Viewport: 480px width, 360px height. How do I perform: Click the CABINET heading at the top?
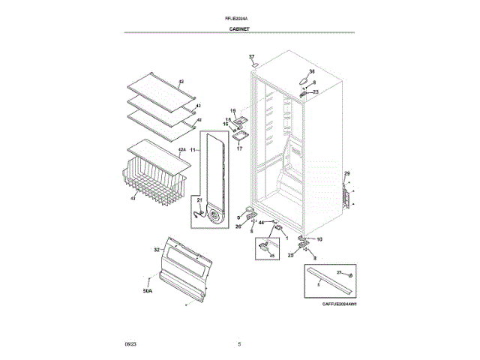point(239,28)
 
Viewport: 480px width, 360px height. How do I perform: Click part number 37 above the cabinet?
point(252,57)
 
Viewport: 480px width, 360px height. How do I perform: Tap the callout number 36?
point(312,71)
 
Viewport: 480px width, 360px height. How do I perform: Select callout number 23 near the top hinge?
point(315,91)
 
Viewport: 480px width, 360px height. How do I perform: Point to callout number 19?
point(232,110)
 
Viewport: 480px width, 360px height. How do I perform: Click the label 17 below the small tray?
point(240,148)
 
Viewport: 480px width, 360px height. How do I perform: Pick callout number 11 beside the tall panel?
point(192,151)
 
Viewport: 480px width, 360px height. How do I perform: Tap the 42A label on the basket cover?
point(181,150)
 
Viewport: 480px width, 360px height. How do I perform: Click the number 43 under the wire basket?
point(133,199)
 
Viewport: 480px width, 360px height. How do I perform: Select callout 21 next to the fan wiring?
point(199,200)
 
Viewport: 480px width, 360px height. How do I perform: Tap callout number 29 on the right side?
point(346,174)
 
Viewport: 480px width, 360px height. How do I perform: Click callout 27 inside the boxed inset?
point(338,272)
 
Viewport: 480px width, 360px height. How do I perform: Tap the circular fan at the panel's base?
point(217,216)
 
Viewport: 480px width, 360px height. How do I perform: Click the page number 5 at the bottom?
point(239,343)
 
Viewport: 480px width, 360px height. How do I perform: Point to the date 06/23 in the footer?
point(130,343)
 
